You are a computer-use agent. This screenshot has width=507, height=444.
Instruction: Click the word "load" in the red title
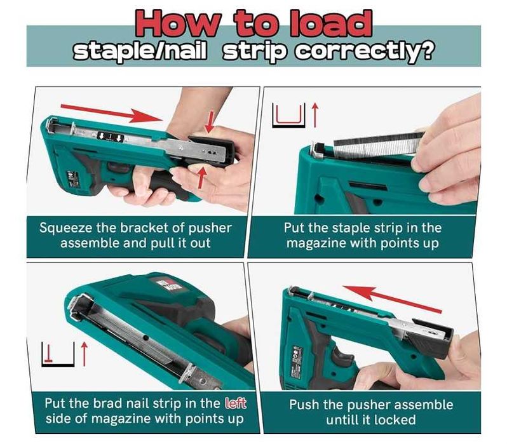pyautogui.click(x=330, y=24)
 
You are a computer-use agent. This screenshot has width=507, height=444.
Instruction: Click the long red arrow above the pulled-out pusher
pyautogui.click(x=112, y=113)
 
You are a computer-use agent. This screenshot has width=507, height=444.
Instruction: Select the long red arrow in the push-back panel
pyautogui.click(x=391, y=298)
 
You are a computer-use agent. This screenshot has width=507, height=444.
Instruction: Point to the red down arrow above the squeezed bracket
pyautogui.click(x=210, y=121)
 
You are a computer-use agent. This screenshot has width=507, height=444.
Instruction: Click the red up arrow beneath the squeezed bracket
pyautogui.click(x=202, y=177)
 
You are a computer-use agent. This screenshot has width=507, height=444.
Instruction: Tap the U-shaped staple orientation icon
pyautogui.click(x=288, y=115)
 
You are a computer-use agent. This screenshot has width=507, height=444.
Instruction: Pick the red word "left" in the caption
pyautogui.click(x=235, y=403)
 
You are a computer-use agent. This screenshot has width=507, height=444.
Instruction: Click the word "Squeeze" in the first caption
pyautogui.click(x=66, y=228)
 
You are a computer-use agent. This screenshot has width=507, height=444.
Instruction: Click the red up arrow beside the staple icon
pyautogui.click(x=315, y=115)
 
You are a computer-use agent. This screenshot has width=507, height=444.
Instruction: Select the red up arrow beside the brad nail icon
pyautogui.click(x=84, y=354)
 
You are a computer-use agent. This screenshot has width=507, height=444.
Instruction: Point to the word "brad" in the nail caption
pyautogui.click(x=108, y=403)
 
